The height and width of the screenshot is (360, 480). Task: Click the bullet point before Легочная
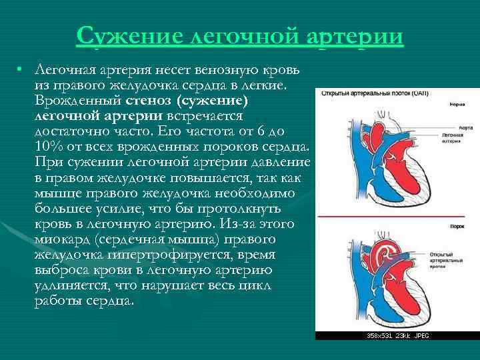pyautogui.click(x=21, y=70)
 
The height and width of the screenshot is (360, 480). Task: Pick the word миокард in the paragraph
pyautogui.click(x=63, y=239)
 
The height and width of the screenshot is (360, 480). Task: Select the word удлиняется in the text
pyautogui.click(x=67, y=285)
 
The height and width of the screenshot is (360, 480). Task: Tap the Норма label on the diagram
pyautogui.click(x=457, y=105)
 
